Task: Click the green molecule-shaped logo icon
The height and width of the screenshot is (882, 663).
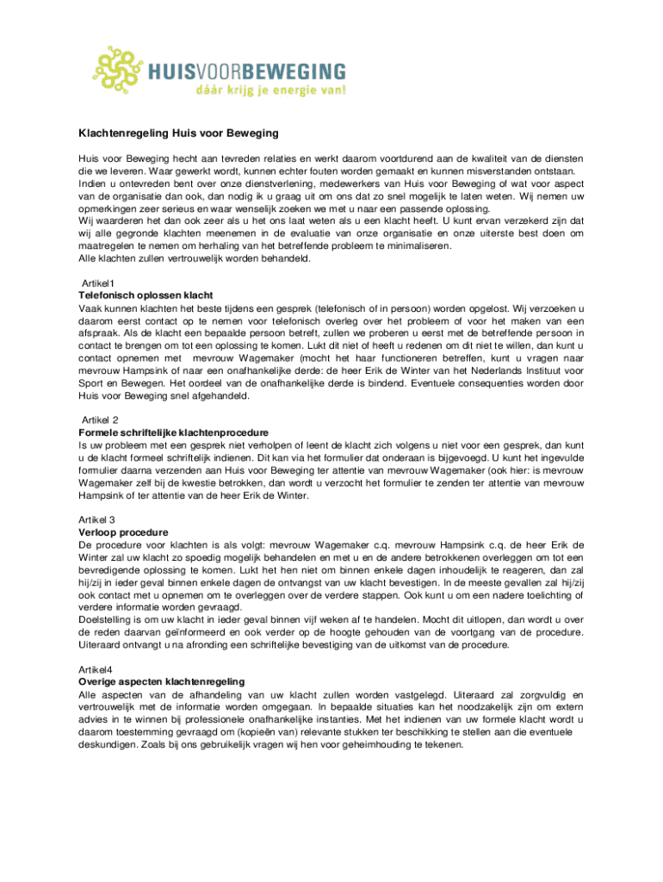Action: (x=119, y=71)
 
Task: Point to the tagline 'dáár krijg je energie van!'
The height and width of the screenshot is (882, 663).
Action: (x=270, y=90)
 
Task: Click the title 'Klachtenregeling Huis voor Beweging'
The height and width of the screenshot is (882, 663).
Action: (x=176, y=134)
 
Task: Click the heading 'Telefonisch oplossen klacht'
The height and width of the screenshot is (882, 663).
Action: (x=146, y=295)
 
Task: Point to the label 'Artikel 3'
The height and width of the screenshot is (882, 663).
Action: (x=96, y=519)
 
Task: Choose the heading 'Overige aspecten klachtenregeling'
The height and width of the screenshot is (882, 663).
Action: (x=161, y=680)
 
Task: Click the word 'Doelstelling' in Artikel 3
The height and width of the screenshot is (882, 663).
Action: (x=108, y=618)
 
